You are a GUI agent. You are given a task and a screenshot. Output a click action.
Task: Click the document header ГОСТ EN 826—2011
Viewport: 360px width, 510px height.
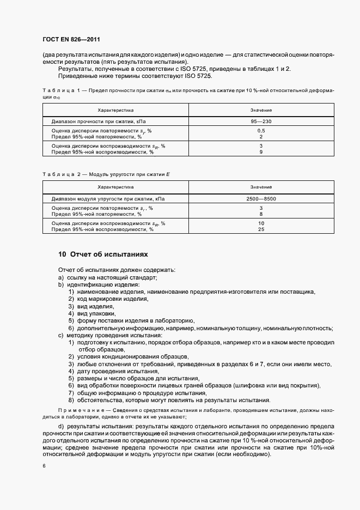[x=71, y=40]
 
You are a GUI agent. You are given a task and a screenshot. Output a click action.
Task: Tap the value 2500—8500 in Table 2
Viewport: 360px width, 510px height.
[x=261, y=198]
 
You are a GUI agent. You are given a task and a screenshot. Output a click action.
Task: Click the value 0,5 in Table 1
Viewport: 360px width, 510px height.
[x=261, y=131]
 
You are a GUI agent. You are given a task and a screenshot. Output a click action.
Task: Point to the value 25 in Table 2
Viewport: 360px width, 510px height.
[x=261, y=229]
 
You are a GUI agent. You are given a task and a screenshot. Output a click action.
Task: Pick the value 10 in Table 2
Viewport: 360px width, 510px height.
[x=261, y=223]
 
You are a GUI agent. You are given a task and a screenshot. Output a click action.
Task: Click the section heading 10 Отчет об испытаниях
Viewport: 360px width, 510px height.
[x=103, y=254]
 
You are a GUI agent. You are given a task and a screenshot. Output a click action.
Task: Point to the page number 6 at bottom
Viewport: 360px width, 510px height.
[x=44, y=466]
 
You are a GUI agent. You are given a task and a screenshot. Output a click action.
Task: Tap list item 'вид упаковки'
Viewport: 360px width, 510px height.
[x=96, y=314]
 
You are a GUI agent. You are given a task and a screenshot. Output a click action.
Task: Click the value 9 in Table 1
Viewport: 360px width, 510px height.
[x=261, y=152]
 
